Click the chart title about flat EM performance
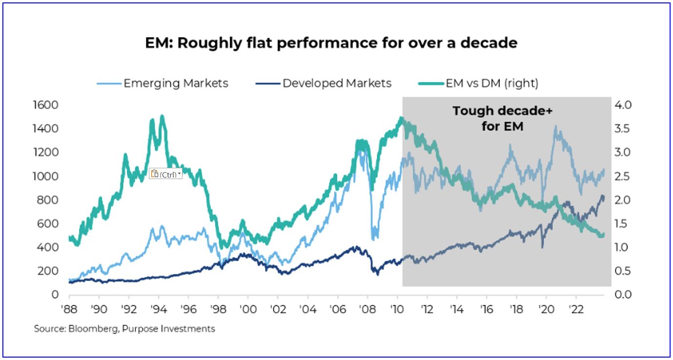pos(331,43)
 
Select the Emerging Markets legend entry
pos(176,83)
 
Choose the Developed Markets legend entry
pos(337,83)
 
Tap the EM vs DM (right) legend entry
pos(491,83)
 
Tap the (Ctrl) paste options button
pos(165,174)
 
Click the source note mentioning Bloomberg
pos(124,329)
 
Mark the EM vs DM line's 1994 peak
pos(162,117)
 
